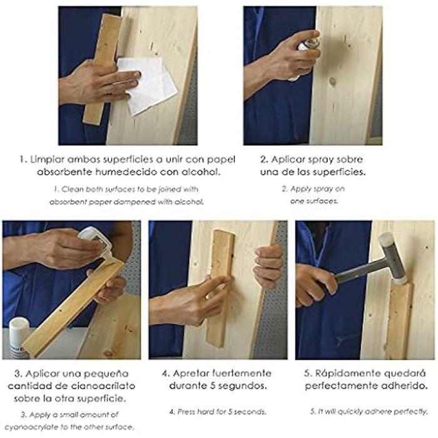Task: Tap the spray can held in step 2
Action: coord(308,44)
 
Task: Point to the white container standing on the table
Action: coord(19,338)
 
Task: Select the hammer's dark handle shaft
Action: coord(360,272)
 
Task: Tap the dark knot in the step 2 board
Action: coord(332,81)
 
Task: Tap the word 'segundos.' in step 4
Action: coord(243,386)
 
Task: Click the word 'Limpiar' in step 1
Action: coord(47,160)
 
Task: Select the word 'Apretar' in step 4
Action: coord(191,374)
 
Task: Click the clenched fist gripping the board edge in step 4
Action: coord(268,266)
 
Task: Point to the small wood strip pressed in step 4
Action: coord(222,288)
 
